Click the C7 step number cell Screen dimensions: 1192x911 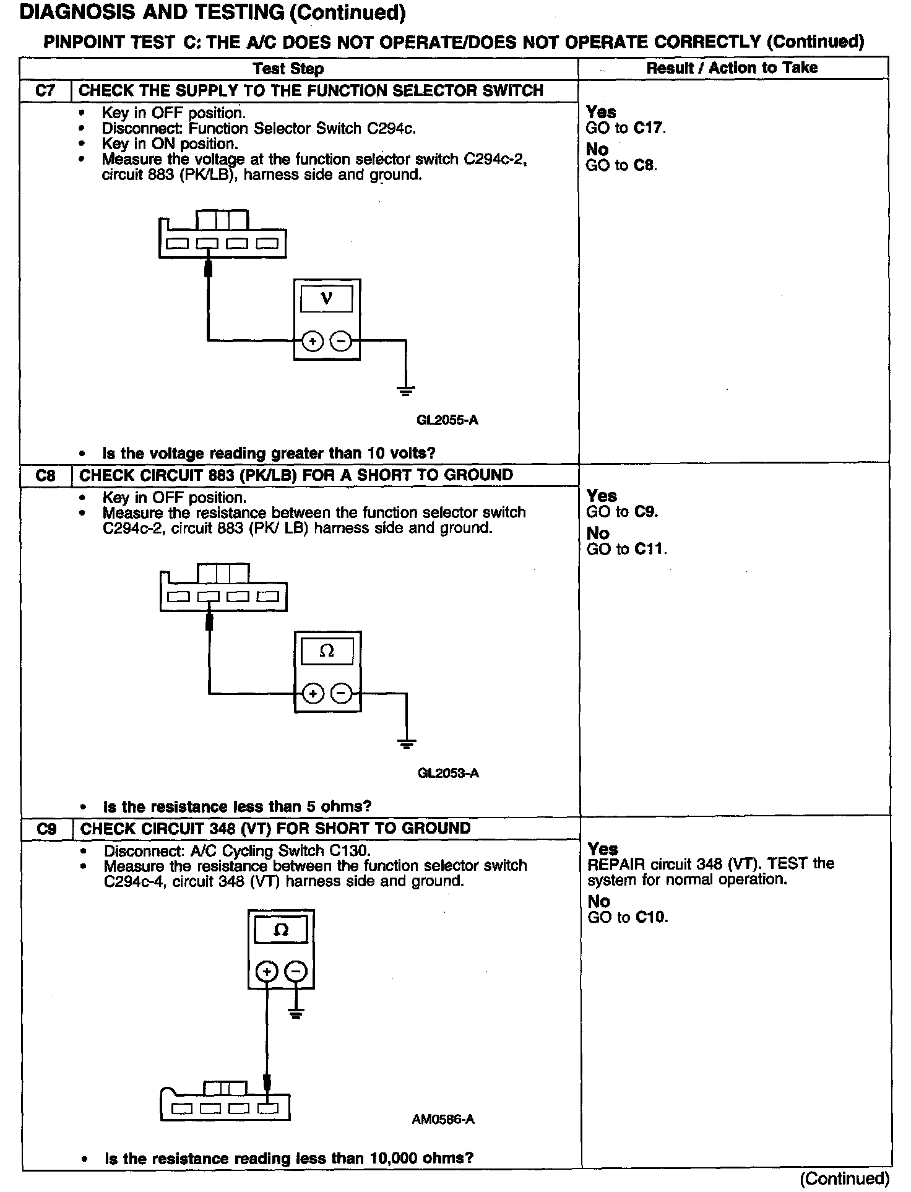45,91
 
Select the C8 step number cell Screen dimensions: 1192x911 46,475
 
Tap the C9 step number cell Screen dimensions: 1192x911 47,829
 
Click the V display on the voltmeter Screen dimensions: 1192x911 327,298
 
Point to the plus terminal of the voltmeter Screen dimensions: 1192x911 313,341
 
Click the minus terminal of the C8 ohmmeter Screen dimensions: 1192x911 341,693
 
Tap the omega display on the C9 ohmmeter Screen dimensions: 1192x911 281,930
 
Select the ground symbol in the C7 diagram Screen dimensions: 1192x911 406,390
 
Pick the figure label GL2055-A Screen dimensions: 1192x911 447,420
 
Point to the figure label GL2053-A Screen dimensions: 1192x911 448,773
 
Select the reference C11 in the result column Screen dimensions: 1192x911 651,549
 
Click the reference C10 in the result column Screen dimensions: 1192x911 652,917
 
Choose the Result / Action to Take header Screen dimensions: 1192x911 732,68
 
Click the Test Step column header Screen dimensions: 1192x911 288,69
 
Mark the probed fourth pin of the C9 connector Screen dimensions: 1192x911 268,1108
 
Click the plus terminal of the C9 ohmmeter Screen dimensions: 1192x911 267,972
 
